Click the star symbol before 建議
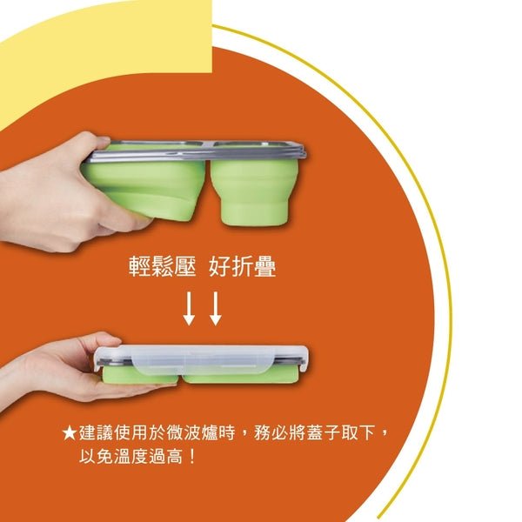tap(70, 432)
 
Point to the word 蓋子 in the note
tap(329, 432)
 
